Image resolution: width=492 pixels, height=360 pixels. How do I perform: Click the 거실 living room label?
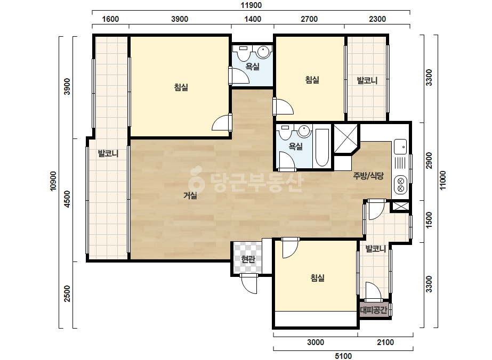click(x=190, y=195)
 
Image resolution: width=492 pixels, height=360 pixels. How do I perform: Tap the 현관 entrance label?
click(x=248, y=259)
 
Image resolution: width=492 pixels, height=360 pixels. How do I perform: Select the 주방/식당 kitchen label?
click(x=368, y=176)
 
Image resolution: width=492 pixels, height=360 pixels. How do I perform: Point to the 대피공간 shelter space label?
click(x=374, y=310)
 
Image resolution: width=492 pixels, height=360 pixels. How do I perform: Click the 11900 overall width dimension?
click(x=251, y=5)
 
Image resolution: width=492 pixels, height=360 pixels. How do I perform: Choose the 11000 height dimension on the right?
click(x=442, y=181)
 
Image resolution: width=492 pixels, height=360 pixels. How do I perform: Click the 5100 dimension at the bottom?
click(x=343, y=356)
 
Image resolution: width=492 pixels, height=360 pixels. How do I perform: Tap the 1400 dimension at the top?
click(x=253, y=19)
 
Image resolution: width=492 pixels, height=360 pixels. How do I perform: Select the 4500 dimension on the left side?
click(x=67, y=199)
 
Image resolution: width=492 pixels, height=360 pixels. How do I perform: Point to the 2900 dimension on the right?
click(x=429, y=160)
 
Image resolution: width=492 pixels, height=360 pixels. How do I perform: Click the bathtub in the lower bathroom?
click(x=322, y=148)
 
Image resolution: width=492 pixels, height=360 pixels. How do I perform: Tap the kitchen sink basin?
click(x=400, y=147)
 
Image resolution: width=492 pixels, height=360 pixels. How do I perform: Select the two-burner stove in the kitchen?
click(x=401, y=185)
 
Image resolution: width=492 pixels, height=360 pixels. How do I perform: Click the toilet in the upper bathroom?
click(x=243, y=53)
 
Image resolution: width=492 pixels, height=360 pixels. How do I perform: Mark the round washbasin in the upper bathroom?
click(x=263, y=52)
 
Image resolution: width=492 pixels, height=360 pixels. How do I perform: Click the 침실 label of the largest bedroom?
click(x=181, y=87)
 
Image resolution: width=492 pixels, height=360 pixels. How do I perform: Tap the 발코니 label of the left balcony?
click(x=108, y=153)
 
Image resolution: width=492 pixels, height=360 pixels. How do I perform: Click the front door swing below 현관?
click(x=249, y=284)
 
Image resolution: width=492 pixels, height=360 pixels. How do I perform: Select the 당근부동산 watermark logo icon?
click(x=197, y=180)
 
